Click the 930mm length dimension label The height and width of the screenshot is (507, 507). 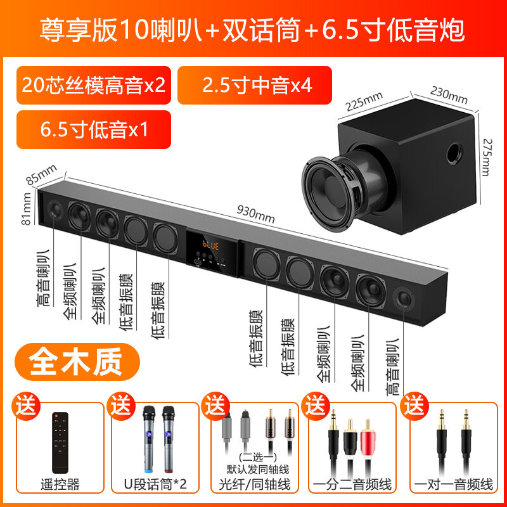click(x=256, y=214)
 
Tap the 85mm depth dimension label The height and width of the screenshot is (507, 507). click(x=41, y=175)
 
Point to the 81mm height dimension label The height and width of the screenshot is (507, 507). click(x=26, y=209)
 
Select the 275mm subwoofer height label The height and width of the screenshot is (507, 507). click(x=487, y=157)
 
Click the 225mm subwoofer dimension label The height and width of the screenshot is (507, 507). click(x=364, y=101)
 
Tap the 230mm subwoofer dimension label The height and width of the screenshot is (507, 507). click(x=449, y=95)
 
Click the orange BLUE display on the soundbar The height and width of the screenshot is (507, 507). click(x=210, y=245)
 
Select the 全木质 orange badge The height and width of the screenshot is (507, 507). click(x=77, y=361)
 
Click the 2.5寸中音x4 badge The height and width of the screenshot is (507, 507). click(x=255, y=86)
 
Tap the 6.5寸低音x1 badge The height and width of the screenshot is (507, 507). click(x=94, y=129)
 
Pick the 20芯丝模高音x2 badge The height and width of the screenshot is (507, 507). click(x=94, y=86)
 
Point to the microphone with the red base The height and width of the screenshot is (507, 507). click(x=169, y=439)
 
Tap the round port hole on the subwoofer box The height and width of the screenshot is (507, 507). click(x=454, y=153)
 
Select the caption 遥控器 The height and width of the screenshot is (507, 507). click(x=60, y=484)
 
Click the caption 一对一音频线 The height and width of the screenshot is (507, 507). click(x=454, y=484)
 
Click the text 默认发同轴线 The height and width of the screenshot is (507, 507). click(x=257, y=469)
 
